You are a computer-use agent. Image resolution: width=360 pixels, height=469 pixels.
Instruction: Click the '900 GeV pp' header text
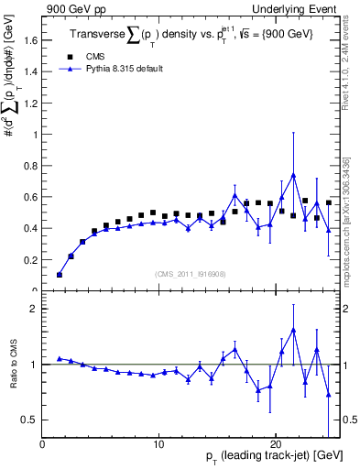point(71,8)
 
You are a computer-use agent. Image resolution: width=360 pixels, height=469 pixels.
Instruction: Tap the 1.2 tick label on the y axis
point(32,104)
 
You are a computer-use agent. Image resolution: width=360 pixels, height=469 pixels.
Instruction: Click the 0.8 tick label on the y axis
point(32,166)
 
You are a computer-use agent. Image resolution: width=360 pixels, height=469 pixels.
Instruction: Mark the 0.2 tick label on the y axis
point(32,260)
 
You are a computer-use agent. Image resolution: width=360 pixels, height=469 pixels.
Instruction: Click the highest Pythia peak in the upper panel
point(293,175)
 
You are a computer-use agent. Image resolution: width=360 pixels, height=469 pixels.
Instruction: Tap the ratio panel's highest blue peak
point(293,330)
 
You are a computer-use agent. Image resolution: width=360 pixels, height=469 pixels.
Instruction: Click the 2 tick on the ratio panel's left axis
point(34,309)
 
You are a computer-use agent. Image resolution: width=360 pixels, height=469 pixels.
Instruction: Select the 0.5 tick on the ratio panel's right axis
point(347,420)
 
